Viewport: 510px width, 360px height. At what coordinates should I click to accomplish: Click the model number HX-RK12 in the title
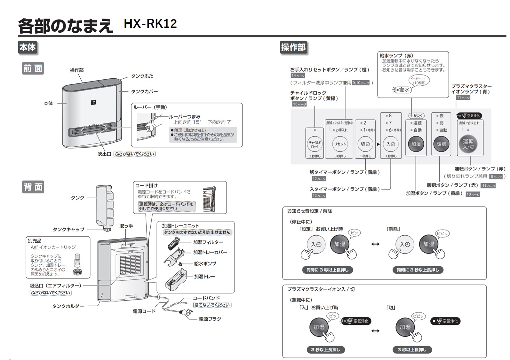[x=150, y=24]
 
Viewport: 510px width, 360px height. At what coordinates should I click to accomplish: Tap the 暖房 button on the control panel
[x=441, y=144]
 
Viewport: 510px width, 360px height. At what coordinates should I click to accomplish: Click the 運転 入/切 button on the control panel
[x=468, y=144]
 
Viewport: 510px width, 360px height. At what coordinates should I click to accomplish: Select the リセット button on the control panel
[x=340, y=144]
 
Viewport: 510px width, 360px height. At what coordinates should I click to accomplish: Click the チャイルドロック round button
[x=315, y=145]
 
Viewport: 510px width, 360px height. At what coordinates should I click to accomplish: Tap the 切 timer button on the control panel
[x=365, y=144]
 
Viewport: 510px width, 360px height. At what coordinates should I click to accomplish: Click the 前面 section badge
[x=33, y=68]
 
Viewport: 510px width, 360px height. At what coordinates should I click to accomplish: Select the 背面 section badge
[x=33, y=187]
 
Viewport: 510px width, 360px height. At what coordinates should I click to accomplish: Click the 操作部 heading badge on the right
[x=293, y=48]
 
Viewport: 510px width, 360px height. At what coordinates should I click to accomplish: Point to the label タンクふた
[x=142, y=76]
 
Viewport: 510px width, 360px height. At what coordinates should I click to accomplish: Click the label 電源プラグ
[x=210, y=319]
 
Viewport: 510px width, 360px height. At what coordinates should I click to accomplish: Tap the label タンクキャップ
[x=68, y=230]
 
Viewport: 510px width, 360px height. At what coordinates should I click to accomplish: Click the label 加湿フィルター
[x=208, y=242]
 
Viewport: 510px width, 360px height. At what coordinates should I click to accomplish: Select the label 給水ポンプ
[x=205, y=264]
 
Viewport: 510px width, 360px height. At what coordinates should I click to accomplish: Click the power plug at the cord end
[x=184, y=312]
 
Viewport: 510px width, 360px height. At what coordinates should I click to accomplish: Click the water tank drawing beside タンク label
[x=105, y=205]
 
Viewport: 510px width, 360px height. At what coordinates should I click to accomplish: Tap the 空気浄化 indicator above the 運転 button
[x=469, y=116]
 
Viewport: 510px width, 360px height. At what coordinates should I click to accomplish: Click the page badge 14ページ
[x=298, y=76]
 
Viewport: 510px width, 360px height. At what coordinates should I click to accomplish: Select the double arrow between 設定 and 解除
[x=375, y=244]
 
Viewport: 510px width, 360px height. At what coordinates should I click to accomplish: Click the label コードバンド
[x=206, y=298]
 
